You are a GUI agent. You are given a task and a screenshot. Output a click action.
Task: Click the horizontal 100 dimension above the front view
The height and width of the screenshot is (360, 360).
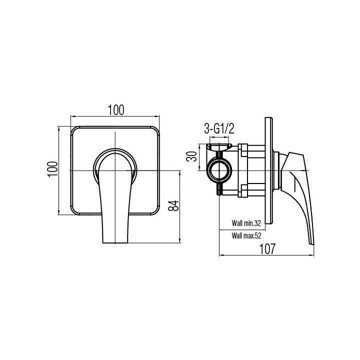(115, 109)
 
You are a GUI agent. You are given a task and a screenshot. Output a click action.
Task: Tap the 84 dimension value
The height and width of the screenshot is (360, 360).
(172, 206)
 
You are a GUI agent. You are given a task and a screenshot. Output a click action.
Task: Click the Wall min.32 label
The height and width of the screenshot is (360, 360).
(246, 223)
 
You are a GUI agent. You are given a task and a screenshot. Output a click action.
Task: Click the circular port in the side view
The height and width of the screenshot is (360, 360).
(219, 170)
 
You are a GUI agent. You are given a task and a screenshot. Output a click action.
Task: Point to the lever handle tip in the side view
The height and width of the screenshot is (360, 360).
(311, 242)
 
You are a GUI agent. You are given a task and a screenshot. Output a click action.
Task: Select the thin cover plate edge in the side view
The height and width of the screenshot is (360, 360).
(269, 170)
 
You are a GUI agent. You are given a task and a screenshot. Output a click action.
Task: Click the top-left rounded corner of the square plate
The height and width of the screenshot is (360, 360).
(75, 131)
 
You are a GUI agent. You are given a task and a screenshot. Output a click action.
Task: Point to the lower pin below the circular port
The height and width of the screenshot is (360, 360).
(219, 190)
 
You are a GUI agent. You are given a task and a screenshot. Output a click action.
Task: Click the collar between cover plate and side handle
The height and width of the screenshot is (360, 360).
(278, 170)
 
